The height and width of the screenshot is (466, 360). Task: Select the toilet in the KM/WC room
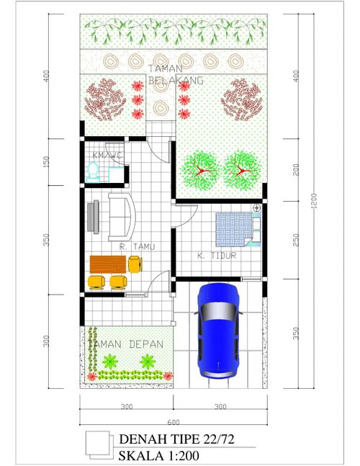coord(92,172)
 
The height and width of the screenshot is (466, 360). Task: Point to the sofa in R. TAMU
coord(121,216)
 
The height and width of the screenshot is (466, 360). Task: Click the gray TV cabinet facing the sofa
coord(93,217)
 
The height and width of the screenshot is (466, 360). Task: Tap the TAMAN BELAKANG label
coord(175,74)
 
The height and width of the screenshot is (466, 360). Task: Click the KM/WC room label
coord(107,156)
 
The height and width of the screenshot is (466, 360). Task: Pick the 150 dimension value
coord(46,161)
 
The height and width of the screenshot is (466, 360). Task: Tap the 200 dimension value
coord(296,169)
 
